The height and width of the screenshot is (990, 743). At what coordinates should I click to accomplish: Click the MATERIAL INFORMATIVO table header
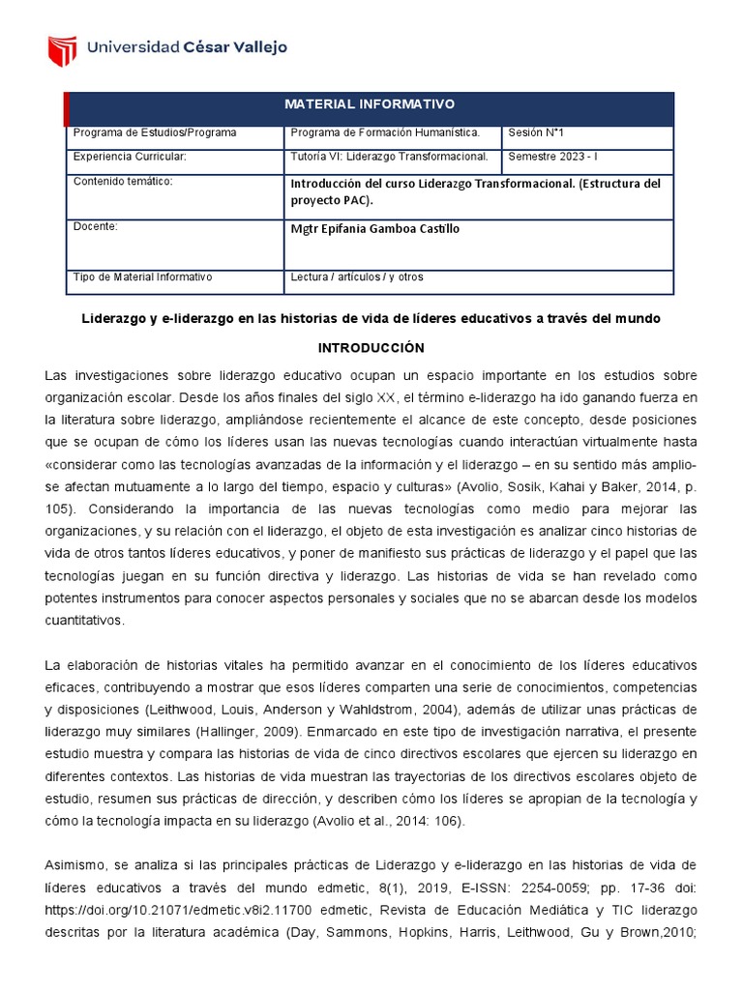point(369,104)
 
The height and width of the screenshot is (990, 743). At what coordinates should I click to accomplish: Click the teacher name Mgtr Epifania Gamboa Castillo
point(374,229)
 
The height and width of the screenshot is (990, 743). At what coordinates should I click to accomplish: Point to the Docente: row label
point(95,226)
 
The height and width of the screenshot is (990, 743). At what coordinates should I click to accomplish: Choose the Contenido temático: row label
point(122,181)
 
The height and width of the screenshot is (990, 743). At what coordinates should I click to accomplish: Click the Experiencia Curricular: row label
point(129,157)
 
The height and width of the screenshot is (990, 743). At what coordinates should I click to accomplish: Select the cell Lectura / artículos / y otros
point(357,277)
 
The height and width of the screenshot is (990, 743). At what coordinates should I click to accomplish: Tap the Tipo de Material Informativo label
point(142,277)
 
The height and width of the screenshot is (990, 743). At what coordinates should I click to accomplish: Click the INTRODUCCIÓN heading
point(371,347)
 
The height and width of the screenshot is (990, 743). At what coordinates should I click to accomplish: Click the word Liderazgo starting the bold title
point(114,319)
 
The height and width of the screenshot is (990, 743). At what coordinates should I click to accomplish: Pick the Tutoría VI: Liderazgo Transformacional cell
point(389,157)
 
